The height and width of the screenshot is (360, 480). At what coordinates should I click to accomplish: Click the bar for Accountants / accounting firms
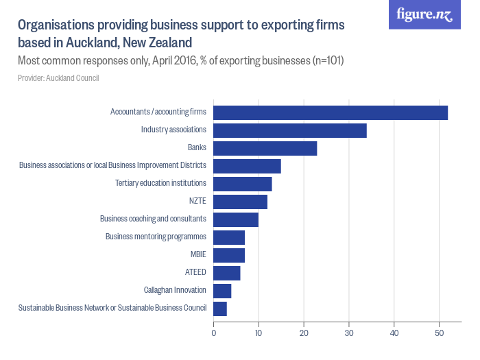coord(331,112)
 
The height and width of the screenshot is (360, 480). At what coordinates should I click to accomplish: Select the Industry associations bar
coord(290,130)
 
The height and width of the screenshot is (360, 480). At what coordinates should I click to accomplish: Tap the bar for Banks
coord(265,148)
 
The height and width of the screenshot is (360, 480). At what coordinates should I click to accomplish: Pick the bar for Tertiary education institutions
coord(243,184)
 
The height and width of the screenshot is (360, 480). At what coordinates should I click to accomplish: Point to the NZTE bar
coord(241,202)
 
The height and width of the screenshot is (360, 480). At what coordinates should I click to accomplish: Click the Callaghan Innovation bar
coord(223,291)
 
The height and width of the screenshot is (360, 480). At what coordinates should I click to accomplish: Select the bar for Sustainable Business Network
coord(220,309)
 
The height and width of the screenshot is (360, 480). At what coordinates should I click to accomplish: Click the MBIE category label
coord(198,254)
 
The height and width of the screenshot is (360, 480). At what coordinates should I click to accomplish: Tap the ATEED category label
coord(195,272)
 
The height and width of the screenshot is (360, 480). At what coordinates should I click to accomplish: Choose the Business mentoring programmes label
coord(156,237)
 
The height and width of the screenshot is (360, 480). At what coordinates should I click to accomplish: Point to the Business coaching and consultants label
coord(153,219)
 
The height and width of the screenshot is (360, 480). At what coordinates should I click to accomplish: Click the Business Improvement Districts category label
coord(112,165)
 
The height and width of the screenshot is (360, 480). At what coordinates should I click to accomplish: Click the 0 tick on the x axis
coord(214,334)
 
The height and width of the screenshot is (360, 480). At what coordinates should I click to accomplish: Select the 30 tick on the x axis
coord(349,334)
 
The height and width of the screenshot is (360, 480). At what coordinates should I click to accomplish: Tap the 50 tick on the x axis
coord(439,334)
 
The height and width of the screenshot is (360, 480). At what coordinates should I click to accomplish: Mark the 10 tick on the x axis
coord(259,334)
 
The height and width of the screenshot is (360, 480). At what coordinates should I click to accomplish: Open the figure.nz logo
coord(424,14)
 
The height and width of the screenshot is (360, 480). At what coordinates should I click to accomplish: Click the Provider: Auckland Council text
coord(58,78)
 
